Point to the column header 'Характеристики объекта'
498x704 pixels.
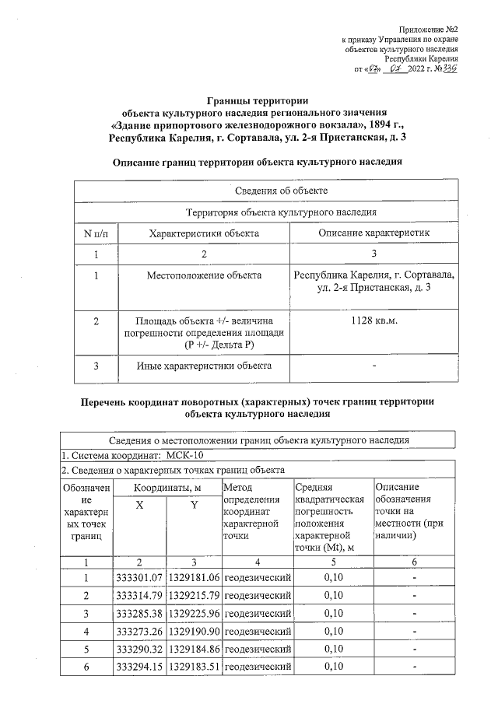pyautogui.click(x=203, y=233)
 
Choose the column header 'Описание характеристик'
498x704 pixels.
pyautogui.click(x=374, y=233)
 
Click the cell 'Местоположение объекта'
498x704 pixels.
pyautogui.click(x=203, y=275)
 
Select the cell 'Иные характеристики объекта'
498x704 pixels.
pyautogui.click(x=203, y=365)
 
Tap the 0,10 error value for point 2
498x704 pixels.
pyautogui.click(x=332, y=596)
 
